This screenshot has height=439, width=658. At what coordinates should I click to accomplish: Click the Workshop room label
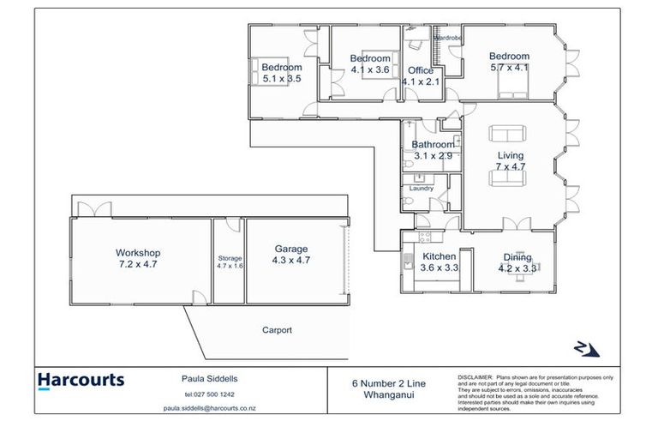(137, 253)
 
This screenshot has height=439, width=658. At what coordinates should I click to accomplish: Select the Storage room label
(229, 258)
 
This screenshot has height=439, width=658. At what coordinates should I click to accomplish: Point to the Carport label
(277, 330)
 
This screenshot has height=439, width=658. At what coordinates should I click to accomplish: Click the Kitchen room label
(440, 256)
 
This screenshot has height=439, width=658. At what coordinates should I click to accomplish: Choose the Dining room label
(517, 257)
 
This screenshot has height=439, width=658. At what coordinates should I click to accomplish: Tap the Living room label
(510, 155)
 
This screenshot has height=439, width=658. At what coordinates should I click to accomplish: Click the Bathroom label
(433, 145)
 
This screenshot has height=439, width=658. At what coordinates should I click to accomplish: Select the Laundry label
(422, 188)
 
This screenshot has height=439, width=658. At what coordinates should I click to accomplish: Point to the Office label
(421, 70)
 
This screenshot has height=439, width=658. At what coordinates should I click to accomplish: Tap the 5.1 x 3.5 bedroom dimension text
(282, 78)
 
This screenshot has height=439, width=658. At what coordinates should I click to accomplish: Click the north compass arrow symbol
(586, 349)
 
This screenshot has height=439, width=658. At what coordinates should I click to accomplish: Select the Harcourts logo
(81, 380)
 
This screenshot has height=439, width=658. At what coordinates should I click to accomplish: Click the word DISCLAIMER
(475, 376)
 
